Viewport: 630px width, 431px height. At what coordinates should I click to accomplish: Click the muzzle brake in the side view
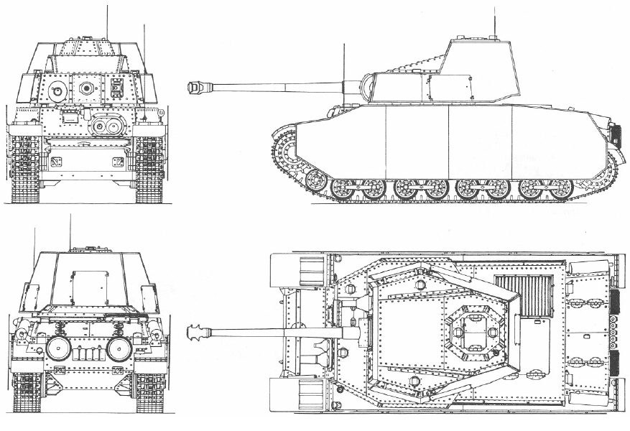pyautogui.click(x=194, y=88)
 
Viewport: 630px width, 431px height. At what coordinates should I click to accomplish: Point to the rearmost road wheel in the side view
pyautogui.click(x=559, y=189)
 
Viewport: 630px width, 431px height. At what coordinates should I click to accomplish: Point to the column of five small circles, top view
pyautogui.click(x=613, y=333)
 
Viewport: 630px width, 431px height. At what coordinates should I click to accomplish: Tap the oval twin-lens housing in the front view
pyautogui.click(x=107, y=127)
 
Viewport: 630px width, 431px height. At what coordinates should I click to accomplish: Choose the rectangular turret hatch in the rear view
pyautogui.click(x=89, y=287)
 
